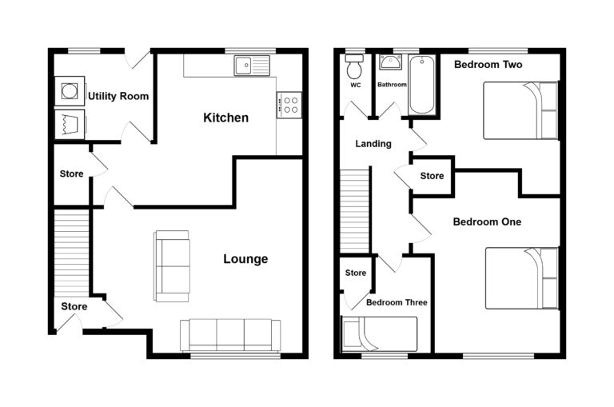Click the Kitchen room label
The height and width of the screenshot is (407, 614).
[225, 118]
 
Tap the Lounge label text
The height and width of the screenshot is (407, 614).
[245, 259]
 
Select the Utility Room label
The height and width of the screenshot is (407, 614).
[118, 97]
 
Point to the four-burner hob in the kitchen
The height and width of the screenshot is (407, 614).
[289, 104]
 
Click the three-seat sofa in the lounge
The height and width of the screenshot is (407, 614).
[230, 334]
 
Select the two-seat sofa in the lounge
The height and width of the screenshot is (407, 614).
[173, 265]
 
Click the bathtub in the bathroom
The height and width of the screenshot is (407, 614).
[421, 86]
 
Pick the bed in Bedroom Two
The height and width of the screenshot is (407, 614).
[520, 110]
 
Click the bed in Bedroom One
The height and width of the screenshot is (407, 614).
[521, 277]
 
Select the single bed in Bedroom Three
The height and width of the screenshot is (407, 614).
[379, 333]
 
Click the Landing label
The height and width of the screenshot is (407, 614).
[373, 144]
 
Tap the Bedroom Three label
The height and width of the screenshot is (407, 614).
[397, 303]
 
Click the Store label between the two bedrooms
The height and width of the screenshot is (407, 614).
[432, 176]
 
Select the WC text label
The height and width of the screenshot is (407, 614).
[355, 84]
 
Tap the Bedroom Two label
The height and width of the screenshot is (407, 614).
[488, 64]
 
